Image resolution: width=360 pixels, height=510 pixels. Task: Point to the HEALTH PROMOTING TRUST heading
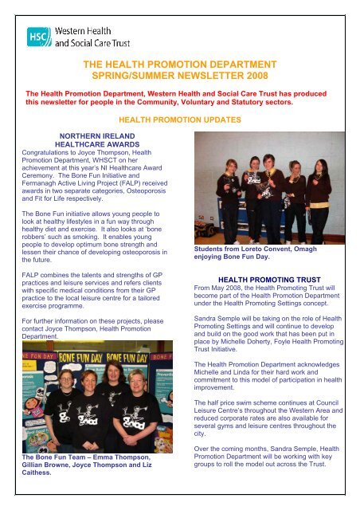click(x=268, y=278)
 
